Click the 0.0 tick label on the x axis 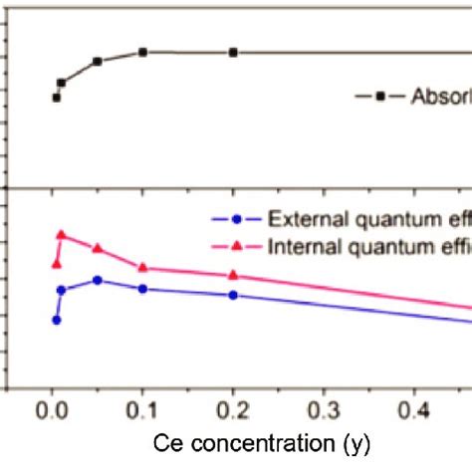pos(51,408)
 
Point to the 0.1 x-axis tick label pos(141,408)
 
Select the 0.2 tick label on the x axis pos(232,408)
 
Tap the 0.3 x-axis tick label pos(324,408)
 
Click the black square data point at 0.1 pos(142,52)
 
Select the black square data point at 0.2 pos(233,52)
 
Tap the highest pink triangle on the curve pos(61,235)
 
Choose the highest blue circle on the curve pos(97,281)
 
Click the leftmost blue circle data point pos(56,320)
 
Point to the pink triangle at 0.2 pos(233,275)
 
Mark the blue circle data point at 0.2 pos(233,295)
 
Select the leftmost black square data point pos(56,98)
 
